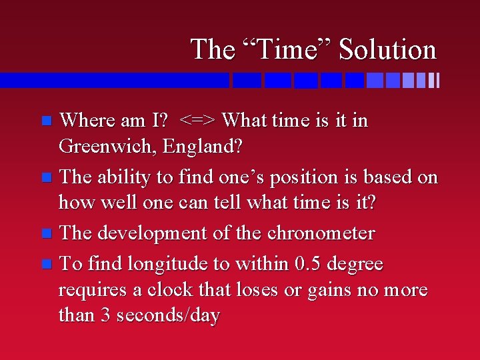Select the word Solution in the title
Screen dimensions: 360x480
coord(387,49)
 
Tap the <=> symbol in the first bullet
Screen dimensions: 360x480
coord(198,121)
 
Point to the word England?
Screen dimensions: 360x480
coord(199,145)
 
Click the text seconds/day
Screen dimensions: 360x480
coord(168,315)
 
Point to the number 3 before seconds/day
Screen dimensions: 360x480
coord(106,315)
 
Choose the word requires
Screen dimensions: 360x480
coord(87,291)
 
